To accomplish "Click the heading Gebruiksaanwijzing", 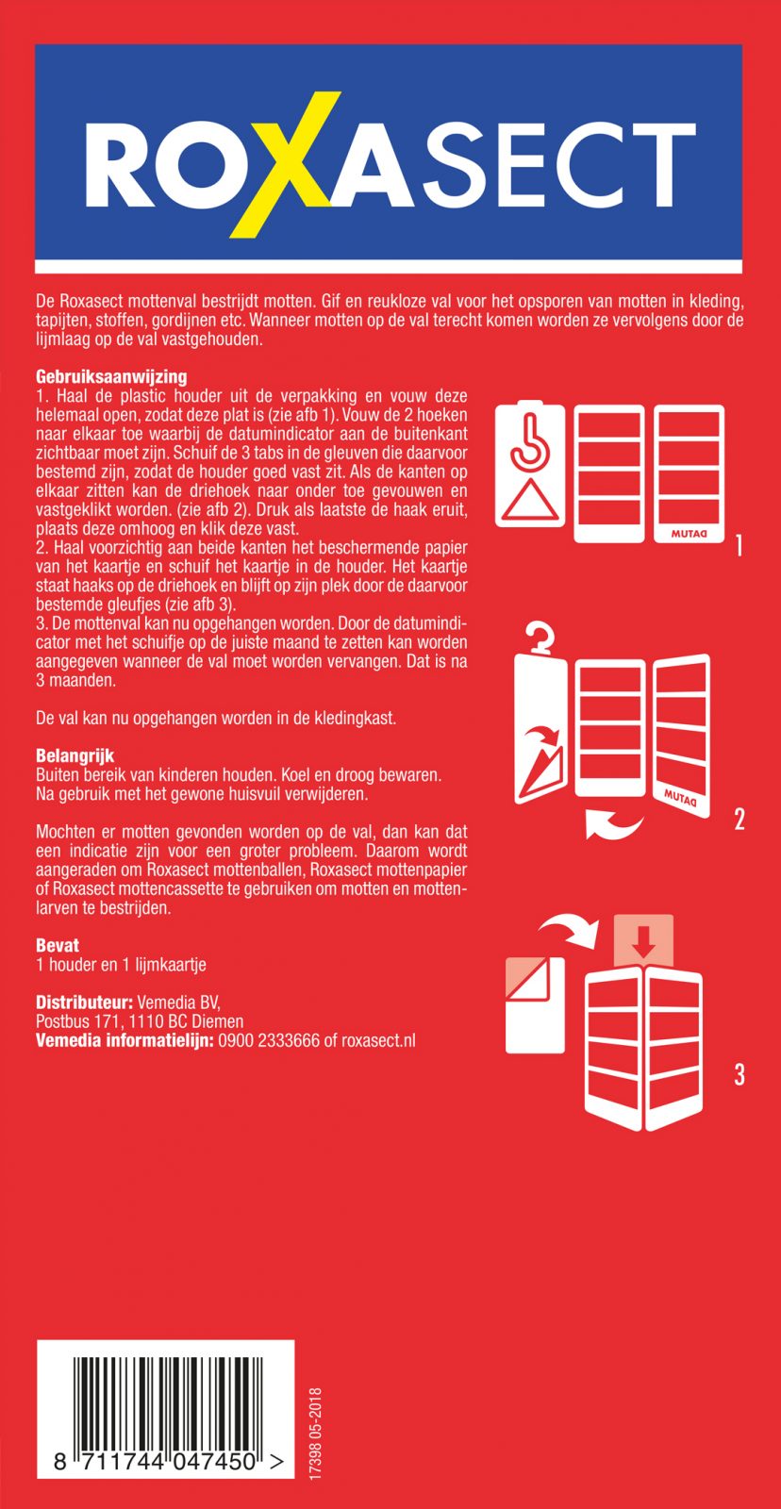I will tap(111, 377).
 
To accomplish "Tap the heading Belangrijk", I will tap(75, 756).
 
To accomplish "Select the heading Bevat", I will tap(58, 945).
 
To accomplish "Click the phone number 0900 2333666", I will tap(269, 1041).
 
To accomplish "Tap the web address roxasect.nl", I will tap(378, 1041).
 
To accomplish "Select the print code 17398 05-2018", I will tap(315, 1432).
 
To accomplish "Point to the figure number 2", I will tap(739, 819).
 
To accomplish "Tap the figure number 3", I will tap(739, 1074).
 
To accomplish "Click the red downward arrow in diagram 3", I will tap(643, 939).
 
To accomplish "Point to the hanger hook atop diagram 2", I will tap(540, 637).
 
